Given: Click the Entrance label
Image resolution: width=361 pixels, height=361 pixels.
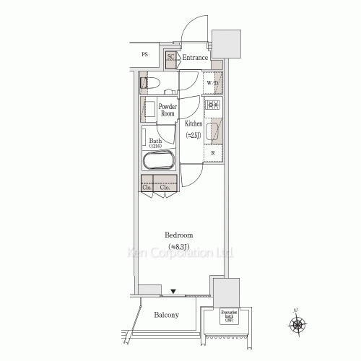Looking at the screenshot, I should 195,58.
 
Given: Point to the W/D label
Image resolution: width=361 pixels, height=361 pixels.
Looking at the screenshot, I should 213,84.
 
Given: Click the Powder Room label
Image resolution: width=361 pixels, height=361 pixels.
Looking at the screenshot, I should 168,110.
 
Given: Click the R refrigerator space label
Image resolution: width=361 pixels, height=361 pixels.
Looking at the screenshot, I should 213,152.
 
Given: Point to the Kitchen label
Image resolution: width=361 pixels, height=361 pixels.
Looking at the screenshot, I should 193,129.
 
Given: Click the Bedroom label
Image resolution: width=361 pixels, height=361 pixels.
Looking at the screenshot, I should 178,240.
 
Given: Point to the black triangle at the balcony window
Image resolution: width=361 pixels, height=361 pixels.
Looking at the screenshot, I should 173,291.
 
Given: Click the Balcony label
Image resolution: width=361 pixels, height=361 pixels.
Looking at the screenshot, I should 167,315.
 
